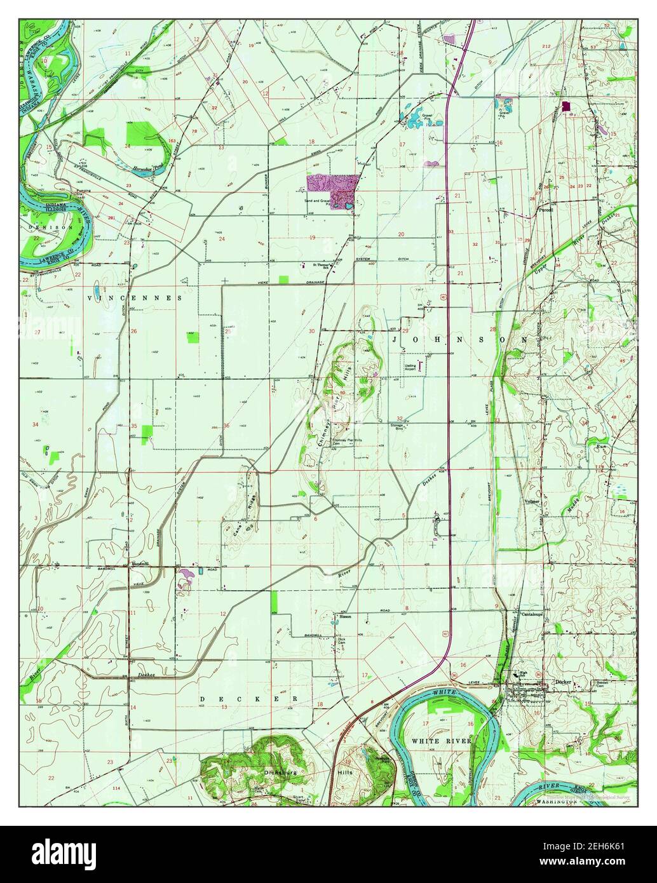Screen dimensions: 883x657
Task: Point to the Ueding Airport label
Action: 410,368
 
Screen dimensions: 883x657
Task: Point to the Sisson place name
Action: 344,616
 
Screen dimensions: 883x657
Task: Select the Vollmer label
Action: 532,501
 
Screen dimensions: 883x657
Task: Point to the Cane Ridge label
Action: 238,522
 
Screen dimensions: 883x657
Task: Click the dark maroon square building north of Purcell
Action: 566,107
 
